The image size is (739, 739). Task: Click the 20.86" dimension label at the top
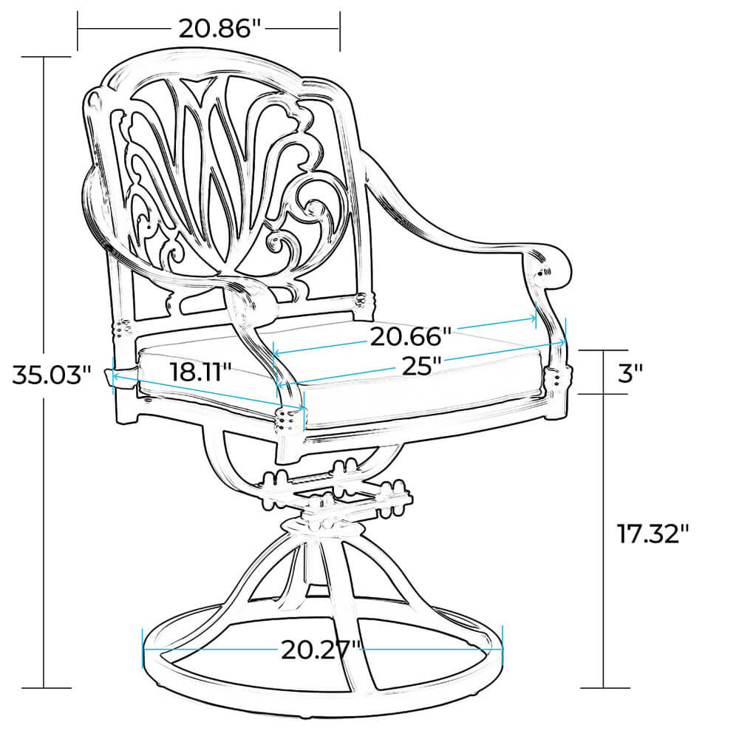[219, 29]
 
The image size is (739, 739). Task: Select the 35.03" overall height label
[52, 375]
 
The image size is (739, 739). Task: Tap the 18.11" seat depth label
[201, 372]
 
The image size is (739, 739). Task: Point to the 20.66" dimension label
[410, 336]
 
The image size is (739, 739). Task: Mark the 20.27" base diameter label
[321, 650]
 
